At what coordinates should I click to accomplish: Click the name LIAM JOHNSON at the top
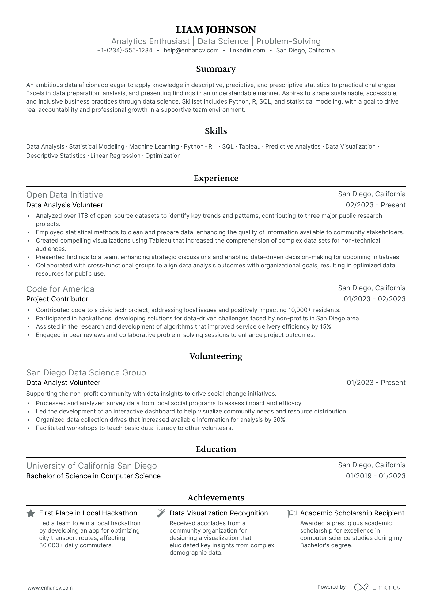click(x=216, y=30)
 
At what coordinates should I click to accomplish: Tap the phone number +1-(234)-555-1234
click(x=125, y=51)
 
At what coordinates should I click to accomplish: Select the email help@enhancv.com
click(x=191, y=51)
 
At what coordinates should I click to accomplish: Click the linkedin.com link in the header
click(x=247, y=51)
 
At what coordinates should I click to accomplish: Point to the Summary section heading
click(x=216, y=69)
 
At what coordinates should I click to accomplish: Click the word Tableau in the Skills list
click(x=249, y=147)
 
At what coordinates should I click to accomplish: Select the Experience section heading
click(x=216, y=178)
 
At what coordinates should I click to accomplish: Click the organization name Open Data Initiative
click(x=64, y=195)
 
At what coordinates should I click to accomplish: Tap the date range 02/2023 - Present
click(x=375, y=205)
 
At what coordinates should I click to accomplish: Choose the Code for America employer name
click(x=60, y=289)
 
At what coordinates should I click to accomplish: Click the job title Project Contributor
click(x=57, y=299)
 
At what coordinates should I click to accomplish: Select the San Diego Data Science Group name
click(x=86, y=373)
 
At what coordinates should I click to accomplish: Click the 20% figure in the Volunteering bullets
click(x=279, y=420)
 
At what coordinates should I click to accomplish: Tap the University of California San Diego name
click(x=91, y=466)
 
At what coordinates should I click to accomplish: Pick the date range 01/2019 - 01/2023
click(x=375, y=476)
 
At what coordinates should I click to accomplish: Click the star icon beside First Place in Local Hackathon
click(x=31, y=514)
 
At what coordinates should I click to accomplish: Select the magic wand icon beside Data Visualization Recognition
click(x=161, y=513)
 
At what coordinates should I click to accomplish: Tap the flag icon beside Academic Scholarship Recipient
click(x=292, y=513)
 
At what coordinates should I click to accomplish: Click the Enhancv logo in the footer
click(x=377, y=587)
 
